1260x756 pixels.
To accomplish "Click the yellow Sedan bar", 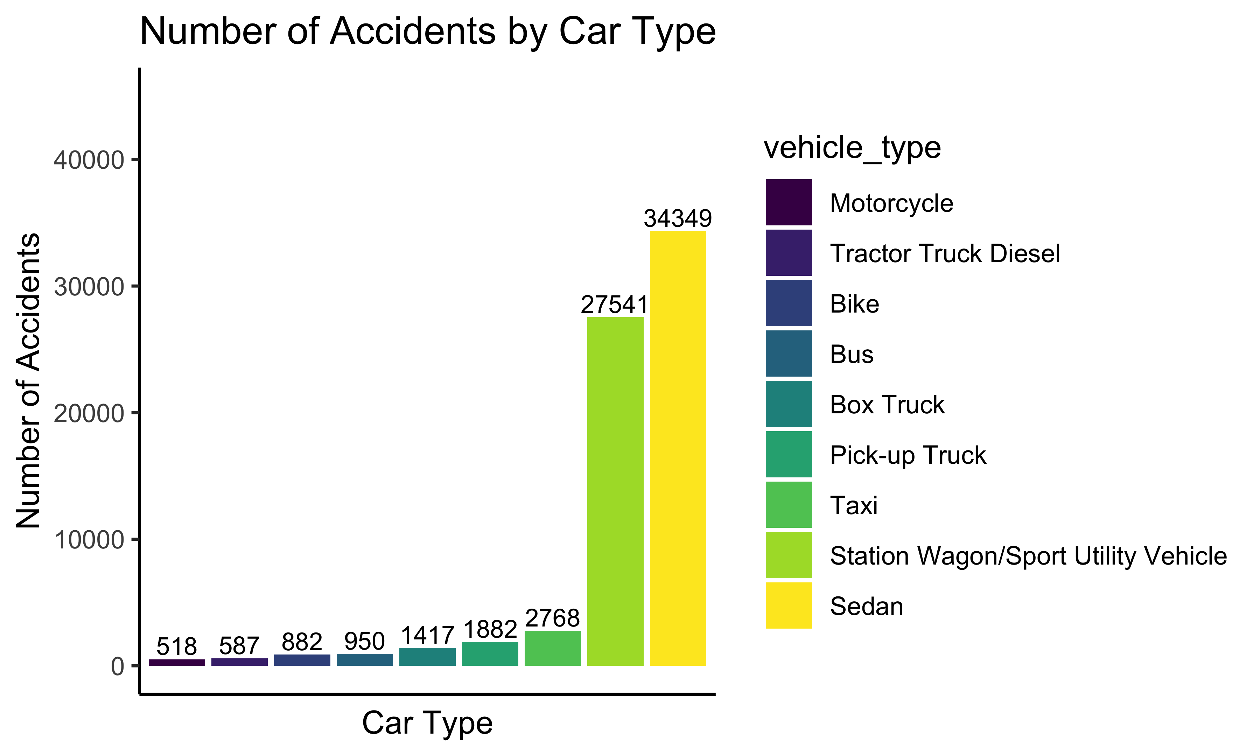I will click(678, 448).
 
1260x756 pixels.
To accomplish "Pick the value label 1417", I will click(427, 635).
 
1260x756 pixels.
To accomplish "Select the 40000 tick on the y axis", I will click(89, 160).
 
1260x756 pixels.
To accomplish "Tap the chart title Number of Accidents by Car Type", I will click(428, 31).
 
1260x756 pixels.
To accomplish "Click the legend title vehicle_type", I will click(852, 148).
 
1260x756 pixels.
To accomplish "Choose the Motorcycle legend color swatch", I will click(789, 202).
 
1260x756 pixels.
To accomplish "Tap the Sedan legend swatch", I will click(789, 606).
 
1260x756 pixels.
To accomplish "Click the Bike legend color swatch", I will click(789, 303).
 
